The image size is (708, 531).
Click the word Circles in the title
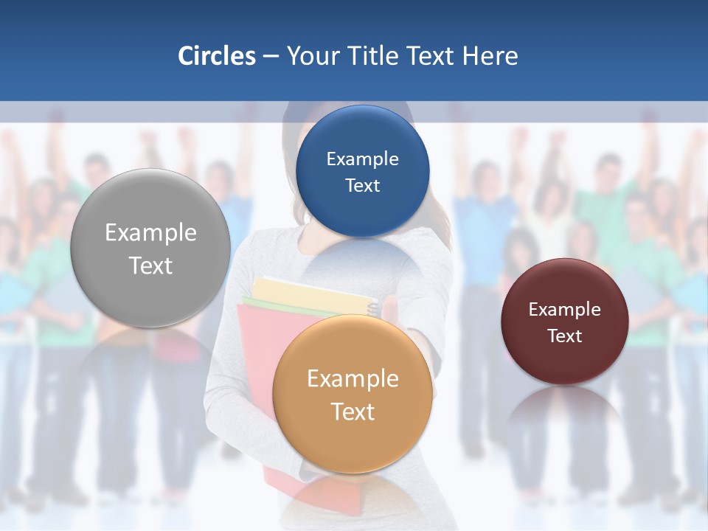tap(216, 56)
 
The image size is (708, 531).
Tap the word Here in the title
tap(490, 56)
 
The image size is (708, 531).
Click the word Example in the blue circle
tap(362, 159)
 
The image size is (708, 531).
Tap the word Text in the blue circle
tap(362, 186)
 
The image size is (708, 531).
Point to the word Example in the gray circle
tap(150, 233)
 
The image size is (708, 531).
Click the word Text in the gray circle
tap(150, 266)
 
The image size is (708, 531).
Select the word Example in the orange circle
tap(353, 379)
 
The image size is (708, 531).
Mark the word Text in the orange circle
tap(353, 412)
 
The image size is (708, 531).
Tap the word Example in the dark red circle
tap(564, 310)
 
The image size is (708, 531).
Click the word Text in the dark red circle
tap(564, 336)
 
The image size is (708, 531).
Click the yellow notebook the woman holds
tap(310, 288)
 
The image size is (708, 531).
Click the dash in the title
tap(271, 57)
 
